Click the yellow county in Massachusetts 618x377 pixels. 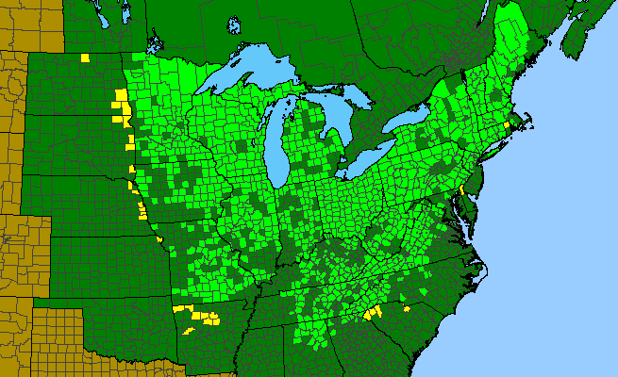click(x=507, y=123)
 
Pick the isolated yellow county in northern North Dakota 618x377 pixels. click(x=85, y=58)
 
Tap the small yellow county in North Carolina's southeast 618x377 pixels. click(x=407, y=307)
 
